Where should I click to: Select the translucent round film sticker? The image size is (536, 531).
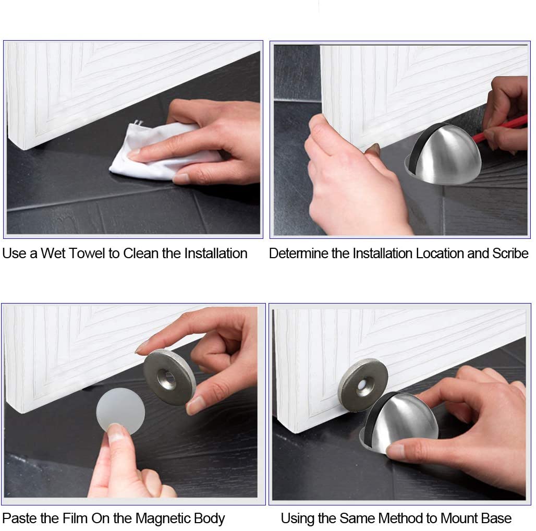120,411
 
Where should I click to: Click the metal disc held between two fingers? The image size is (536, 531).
169,377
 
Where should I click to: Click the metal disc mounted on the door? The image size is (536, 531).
363,383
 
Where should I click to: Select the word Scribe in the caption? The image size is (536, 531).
510,254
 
